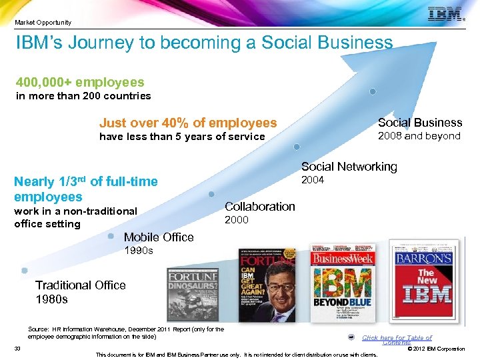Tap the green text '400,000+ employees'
80,82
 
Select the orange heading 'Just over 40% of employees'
187,123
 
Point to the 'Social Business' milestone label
419,122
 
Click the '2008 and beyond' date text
419,136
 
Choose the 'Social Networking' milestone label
349,167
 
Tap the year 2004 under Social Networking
313,179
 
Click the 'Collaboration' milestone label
259,206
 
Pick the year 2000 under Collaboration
236,219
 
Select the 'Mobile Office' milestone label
159,237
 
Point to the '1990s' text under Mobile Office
139,251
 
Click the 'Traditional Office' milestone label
80,285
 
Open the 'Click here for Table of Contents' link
397,339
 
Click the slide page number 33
17,348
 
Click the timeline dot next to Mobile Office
110,236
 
